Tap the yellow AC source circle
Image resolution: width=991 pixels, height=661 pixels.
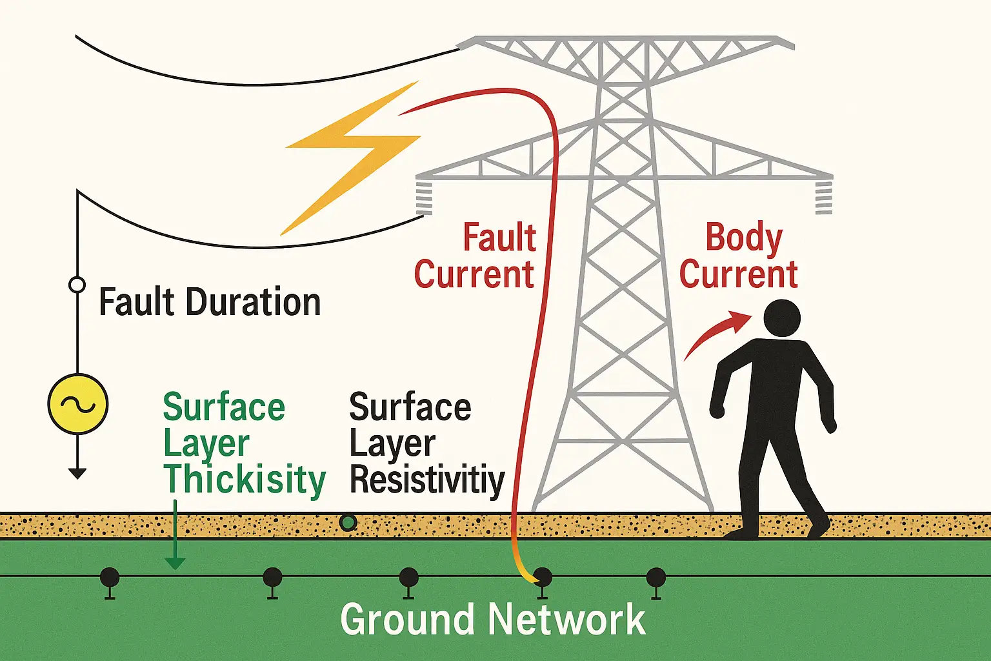pos(78,404)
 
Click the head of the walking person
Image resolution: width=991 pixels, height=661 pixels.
pos(782,318)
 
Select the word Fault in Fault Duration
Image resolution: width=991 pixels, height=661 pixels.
pos(137,302)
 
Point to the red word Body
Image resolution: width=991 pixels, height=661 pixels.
pos(743,238)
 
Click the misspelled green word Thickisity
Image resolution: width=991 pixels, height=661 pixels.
pos(245,480)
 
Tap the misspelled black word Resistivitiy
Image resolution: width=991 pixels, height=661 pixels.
pos(426,480)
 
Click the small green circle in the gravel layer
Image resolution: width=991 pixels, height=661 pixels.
pos(348,522)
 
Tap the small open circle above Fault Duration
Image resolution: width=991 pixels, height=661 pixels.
pos(77,285)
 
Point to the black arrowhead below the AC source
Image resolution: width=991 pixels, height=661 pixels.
pos(77,474)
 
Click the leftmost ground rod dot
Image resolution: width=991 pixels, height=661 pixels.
pos(110,576)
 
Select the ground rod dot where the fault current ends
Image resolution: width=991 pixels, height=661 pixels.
pos(543,576)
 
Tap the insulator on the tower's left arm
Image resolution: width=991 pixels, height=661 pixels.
pos(424,198)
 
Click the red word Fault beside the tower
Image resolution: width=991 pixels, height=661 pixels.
pos(499,238)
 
